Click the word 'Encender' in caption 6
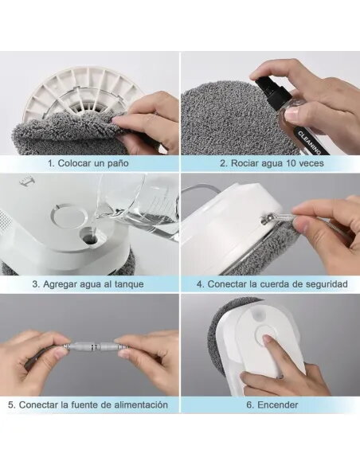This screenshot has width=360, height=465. (277, 404)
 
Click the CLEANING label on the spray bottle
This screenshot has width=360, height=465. (309, 142)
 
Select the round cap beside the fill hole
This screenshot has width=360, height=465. (70, 215)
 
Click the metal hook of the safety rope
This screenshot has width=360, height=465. (264, 219)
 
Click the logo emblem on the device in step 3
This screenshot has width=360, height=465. (25, 182)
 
